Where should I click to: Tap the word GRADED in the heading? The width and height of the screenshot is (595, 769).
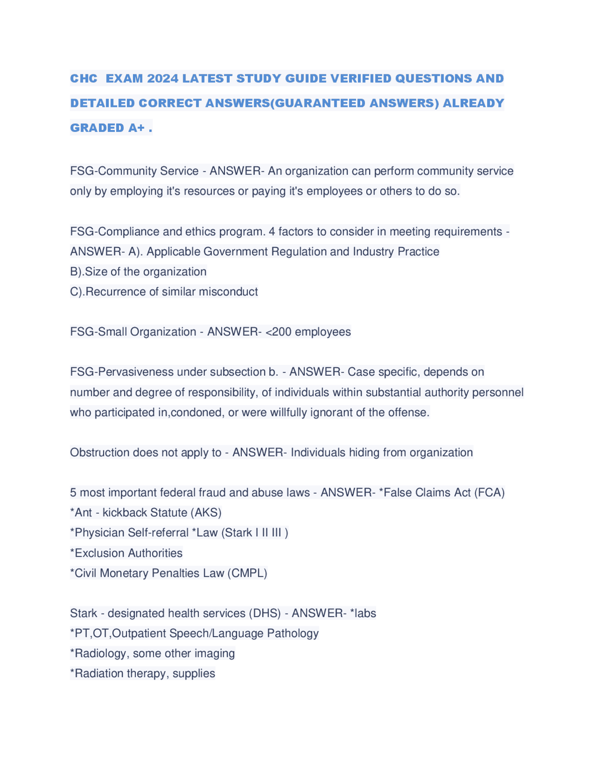pyautogui.click(x=97, y=128)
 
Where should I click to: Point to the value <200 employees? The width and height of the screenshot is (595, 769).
pyautogui.click(x=308, y=332)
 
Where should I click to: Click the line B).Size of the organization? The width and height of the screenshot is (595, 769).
pyautogui.click(x=138, y=272)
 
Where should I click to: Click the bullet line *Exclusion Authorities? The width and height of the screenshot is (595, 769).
pyautogui.click(x=126, y=553)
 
